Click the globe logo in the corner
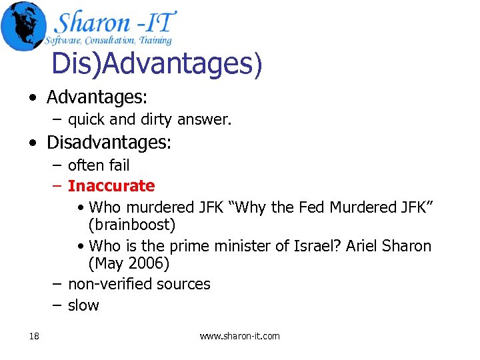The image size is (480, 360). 23,25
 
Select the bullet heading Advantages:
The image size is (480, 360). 97,97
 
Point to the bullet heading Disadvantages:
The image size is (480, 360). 109,143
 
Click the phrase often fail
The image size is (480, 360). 99,165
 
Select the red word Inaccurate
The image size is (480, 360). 111,186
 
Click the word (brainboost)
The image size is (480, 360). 132,225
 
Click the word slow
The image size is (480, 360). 83,305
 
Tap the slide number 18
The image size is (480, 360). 34,336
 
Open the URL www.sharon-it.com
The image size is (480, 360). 240,336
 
